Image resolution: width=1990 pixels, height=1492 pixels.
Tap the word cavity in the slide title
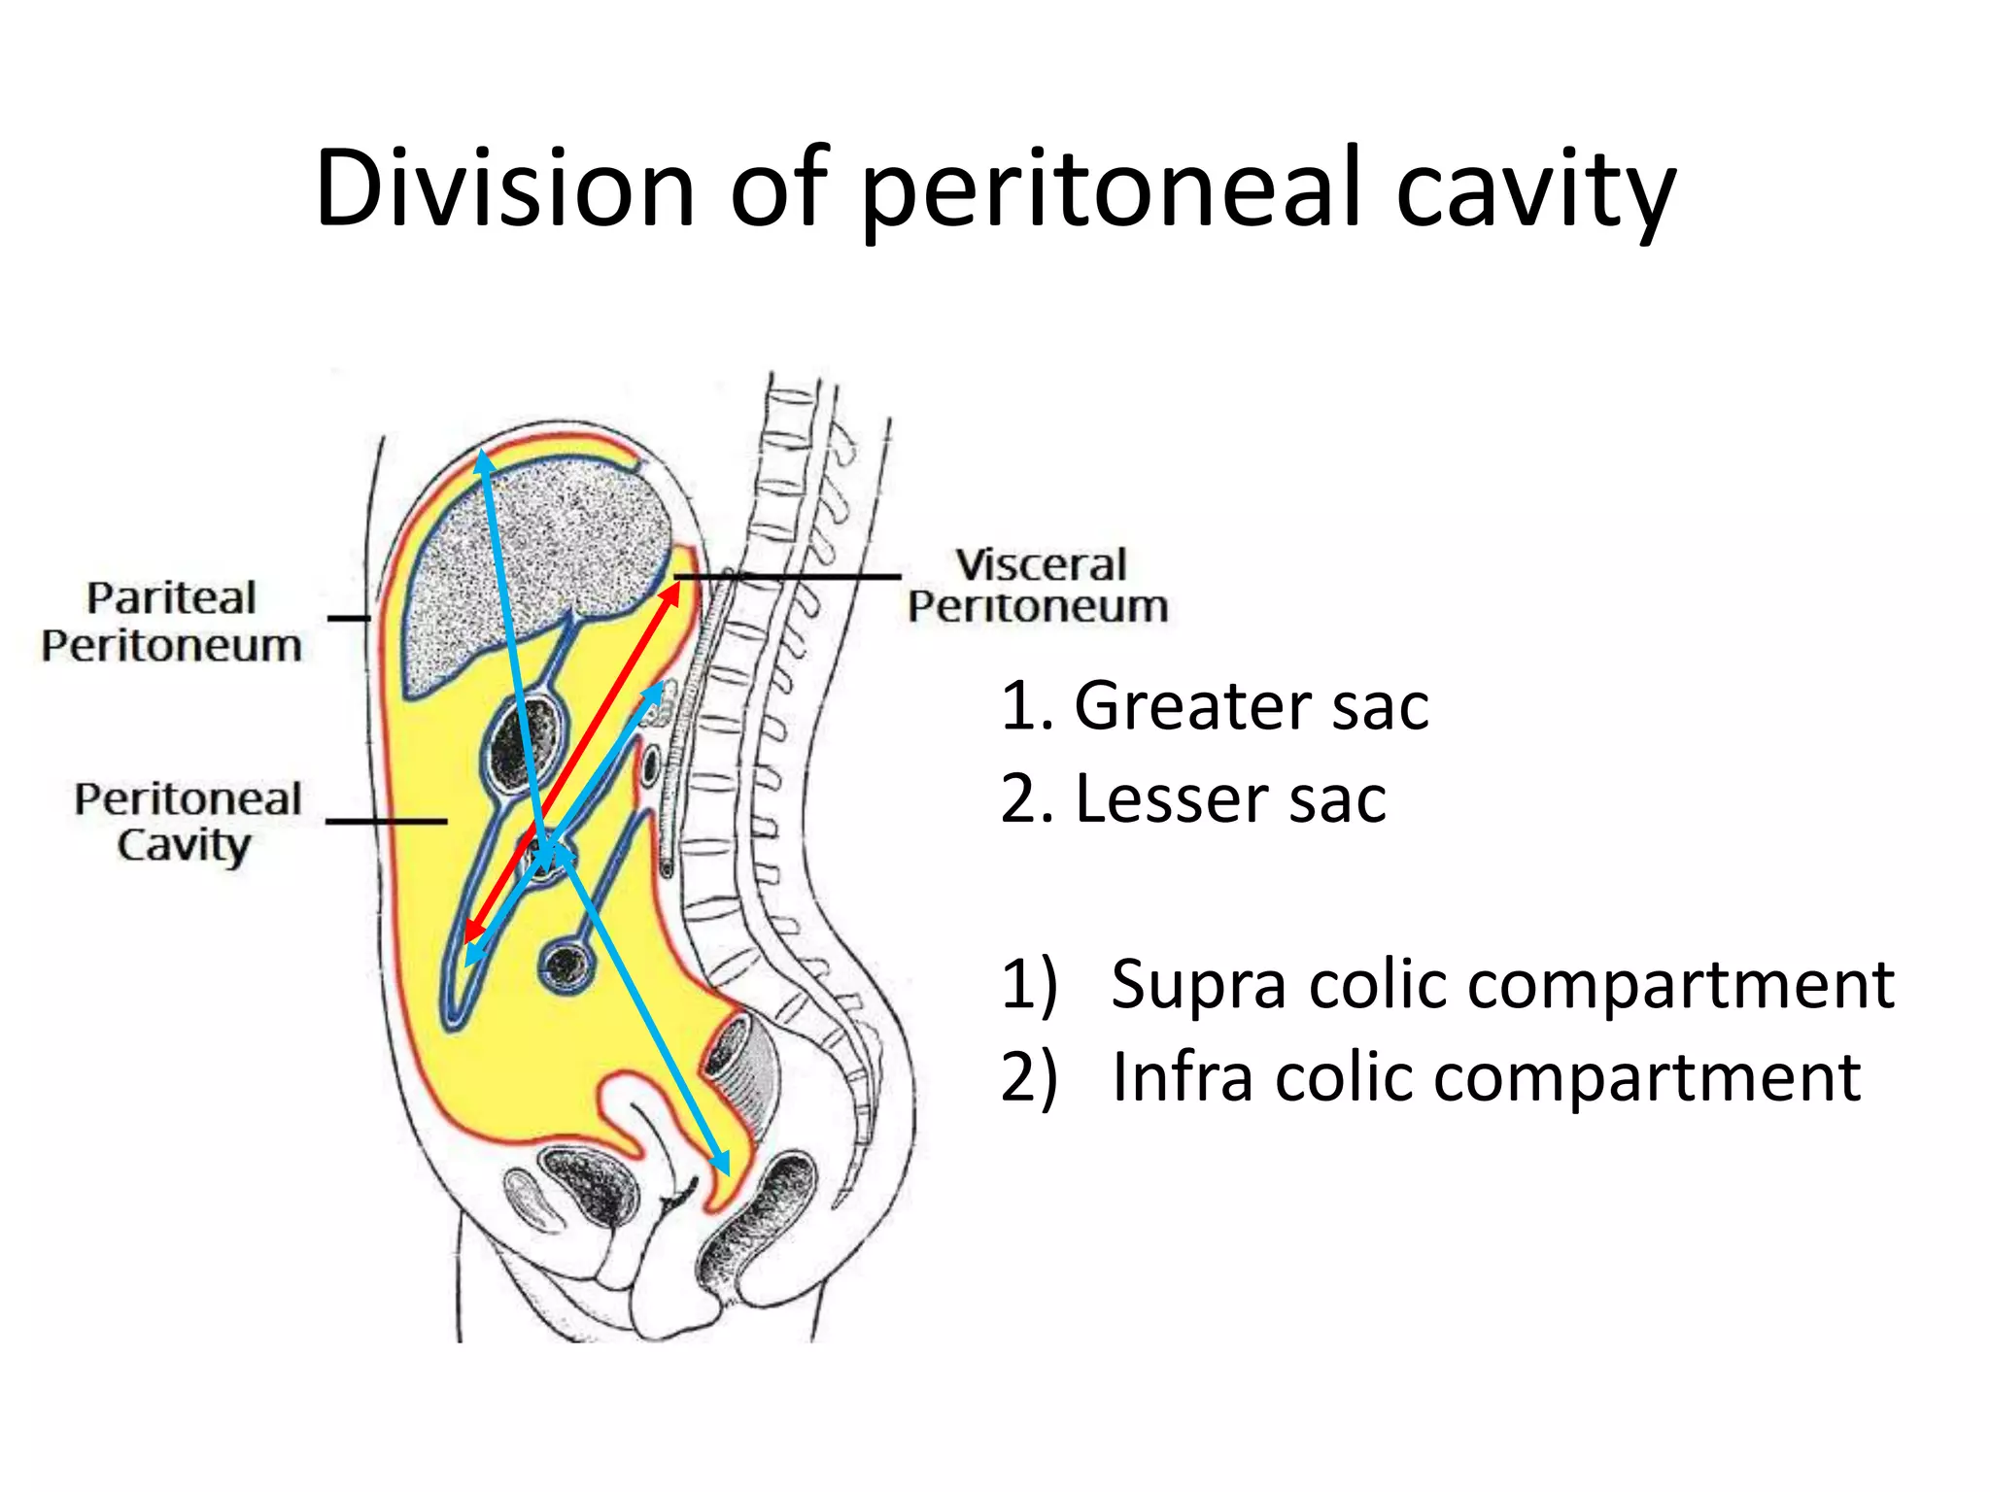1534,189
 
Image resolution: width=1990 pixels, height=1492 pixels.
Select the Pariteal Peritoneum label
171,622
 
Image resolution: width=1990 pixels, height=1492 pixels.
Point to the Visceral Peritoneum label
1039,586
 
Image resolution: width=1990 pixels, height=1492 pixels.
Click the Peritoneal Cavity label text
187,822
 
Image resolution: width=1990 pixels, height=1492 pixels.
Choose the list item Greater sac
1215,705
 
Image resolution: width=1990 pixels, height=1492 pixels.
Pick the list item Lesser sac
1193,799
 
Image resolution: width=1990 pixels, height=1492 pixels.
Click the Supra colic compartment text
1448,984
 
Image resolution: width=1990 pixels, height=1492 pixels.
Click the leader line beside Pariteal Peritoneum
349,618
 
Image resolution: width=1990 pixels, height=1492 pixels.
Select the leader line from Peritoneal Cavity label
386,822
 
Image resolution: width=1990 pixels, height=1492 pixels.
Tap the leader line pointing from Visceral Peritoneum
787,577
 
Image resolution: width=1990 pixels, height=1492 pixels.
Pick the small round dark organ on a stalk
567,966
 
